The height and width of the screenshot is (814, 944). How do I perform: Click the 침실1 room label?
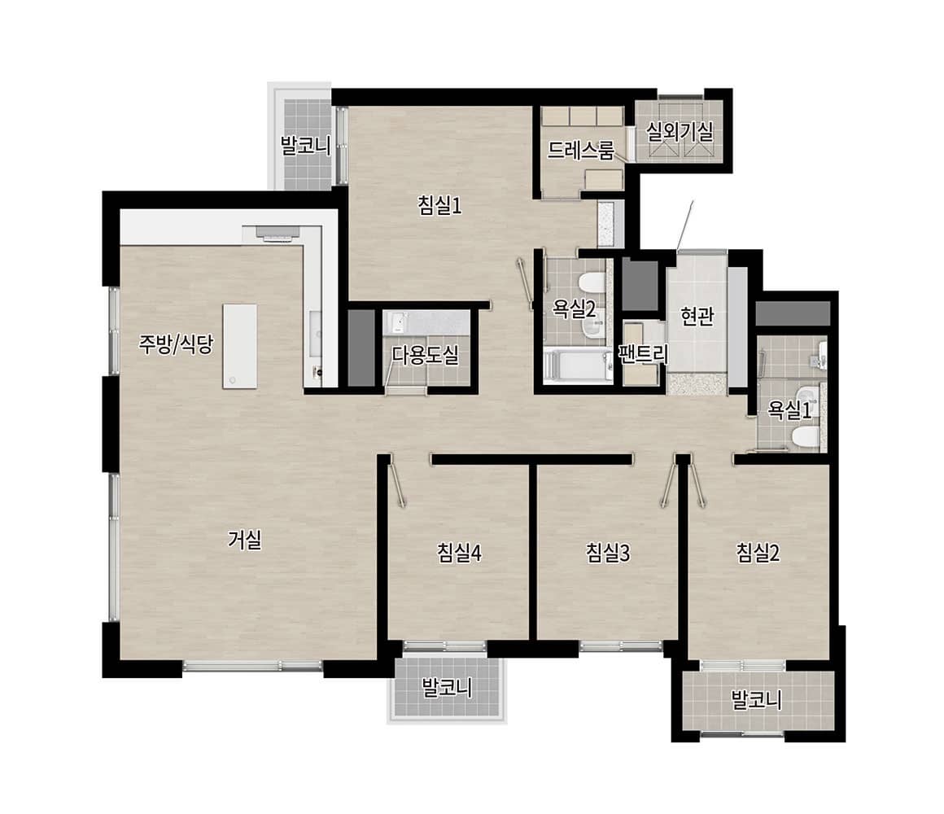coord(439,206)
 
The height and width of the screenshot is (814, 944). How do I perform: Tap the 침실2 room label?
coord(758,552)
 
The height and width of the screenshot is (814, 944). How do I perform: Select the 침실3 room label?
coord(608,552)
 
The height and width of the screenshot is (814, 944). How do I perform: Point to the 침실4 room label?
coord(459,552)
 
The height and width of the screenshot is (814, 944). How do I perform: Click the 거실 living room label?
coord(245,539)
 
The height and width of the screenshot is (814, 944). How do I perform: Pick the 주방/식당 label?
coord(176,344)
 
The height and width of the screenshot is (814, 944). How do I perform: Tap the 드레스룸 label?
coord(581,150)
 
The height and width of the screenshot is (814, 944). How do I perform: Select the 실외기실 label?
coord(680,131)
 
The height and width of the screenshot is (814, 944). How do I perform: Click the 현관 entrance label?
coord(697,316)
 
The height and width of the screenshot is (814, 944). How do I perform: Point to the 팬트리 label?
coord(644,354)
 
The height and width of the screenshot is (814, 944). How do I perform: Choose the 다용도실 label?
coord(425,355)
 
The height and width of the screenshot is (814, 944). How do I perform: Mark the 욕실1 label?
coord(789,410)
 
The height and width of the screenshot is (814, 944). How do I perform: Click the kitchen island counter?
coord(239,346)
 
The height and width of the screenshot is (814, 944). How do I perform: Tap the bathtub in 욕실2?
coord(577,366)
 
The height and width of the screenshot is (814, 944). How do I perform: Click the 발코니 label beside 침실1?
coord(306,145)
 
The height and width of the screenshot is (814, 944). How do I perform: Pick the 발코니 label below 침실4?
coord(447,688)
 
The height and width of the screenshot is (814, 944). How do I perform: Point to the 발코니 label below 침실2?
coord(756,699)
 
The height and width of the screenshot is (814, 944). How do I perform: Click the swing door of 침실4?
coord(397,480)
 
